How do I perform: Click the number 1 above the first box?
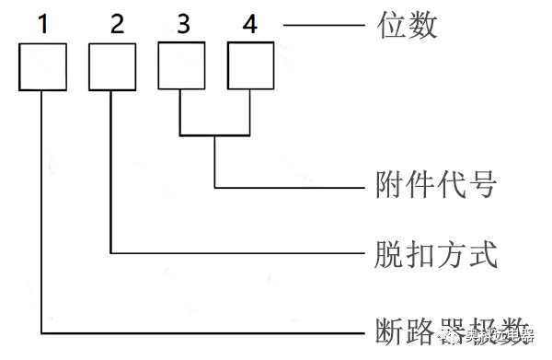43,25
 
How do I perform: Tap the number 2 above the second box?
114,25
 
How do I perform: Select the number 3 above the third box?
182,25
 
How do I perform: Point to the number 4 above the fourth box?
251,25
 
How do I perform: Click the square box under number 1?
44,66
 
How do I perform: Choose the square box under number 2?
112,66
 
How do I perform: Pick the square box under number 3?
181,66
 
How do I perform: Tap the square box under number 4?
250,66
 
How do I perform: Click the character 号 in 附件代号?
483,187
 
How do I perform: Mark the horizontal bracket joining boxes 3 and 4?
215,136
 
